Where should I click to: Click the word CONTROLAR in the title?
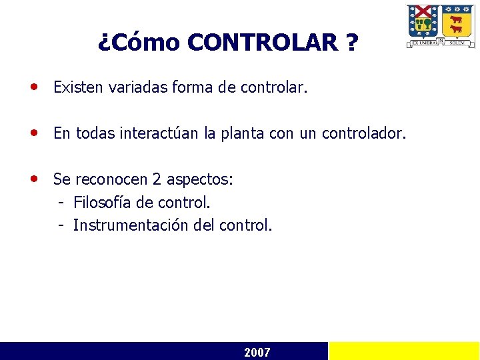pyautogui.click(x=263, y=43)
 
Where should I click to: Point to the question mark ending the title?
pyautogui.click(x=351, y=43)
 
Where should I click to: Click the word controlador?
pyautogui.click(x=363, y=133)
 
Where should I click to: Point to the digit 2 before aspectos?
pyautogui.click(x=157, y=179)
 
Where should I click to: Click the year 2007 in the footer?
pyautogui.click(x=257, y=352)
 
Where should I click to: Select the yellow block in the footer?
pyautogui.click(x=404, y=351)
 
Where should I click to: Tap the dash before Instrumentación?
pyautogui.click(x=61, y=225)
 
